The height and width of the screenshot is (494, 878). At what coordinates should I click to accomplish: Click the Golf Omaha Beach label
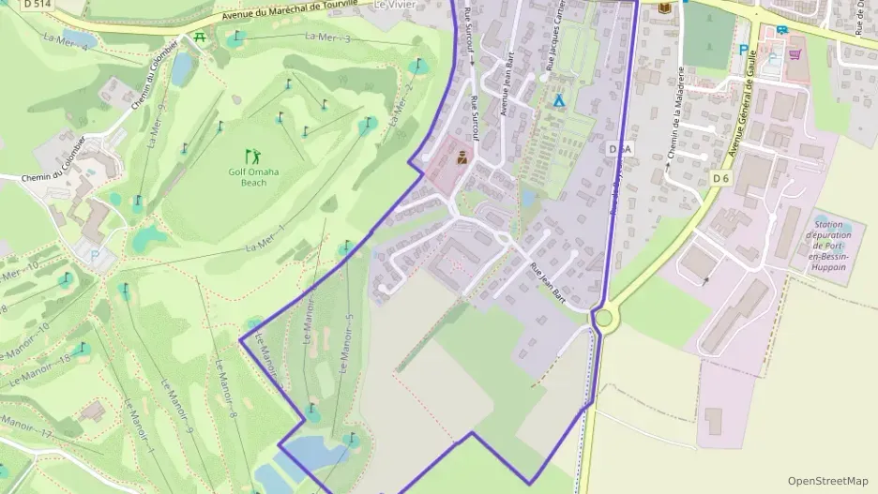point(248,177)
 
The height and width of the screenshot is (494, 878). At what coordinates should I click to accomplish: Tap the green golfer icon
point(250,156)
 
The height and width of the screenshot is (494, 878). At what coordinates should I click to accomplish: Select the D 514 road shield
point(37,4)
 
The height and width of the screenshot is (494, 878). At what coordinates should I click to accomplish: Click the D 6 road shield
point(720,178)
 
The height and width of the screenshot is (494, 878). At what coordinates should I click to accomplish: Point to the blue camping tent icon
point(560,98)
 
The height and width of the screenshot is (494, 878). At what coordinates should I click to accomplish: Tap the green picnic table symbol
point(200,37)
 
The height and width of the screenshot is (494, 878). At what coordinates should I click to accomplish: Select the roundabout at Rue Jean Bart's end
point(603,319)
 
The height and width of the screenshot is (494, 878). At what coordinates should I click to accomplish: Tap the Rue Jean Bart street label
point(550,281)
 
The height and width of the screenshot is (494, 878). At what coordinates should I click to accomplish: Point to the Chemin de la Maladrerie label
point(673,117)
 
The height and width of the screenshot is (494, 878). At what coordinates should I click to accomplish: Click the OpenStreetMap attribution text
point(827,481)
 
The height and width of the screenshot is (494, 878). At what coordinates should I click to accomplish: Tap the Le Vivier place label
point(394,5)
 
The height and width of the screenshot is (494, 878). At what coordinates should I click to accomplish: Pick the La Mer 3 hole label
point(327,37)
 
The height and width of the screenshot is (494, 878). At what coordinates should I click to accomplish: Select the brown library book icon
point(665,8)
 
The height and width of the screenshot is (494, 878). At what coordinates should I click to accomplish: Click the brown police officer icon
point(462,159)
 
